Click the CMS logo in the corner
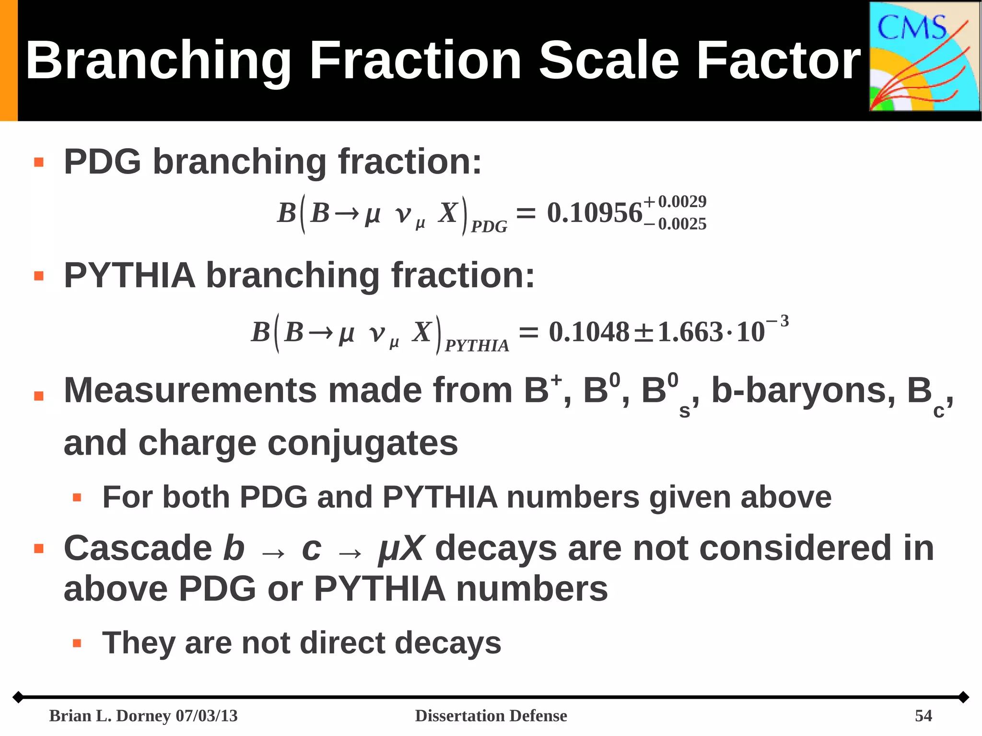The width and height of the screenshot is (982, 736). pyautogui.click(x=924, y=57)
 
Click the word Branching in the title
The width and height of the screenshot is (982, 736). pyautogui.click(x=158, y=61)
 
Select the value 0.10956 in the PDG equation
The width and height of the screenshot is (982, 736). pyautogui.click(x=595, y=213)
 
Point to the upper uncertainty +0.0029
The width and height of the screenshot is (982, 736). pyautogui.click(x=675, y=202)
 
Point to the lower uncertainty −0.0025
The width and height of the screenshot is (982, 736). pyautogui.click(x=675, y=224)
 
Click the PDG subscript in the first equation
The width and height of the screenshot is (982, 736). pyautogui.click(x=489, y=227)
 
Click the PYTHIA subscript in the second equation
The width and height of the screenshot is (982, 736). pyautogui.click(x=477, y=346)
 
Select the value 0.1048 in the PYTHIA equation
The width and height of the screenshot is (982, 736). pyautogui.click(x=589, y=332)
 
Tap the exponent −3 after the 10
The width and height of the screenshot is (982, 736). pyautogui.click(x=778, y=322)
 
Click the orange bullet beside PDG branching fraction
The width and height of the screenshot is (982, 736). pyautogui.click(x=39, y=163)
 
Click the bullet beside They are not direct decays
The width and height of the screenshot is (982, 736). pyautogui.click(x=77, y=643)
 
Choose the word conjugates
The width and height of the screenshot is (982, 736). pyautogui.click(x=362, y=444)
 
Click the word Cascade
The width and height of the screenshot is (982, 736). pyautogui.click(x=138, y=548)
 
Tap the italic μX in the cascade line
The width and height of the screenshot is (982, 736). pyautogui.click(x=401, y=549)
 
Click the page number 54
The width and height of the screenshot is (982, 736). pyautogui.click(x=923, y=716)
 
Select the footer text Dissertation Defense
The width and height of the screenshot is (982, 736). pyautogui.click(x=491, y=716)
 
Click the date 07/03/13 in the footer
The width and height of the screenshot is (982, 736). pyautogui.click(x=207, y=716)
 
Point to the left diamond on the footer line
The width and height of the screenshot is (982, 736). pyautogui.click(x=18, y=697)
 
